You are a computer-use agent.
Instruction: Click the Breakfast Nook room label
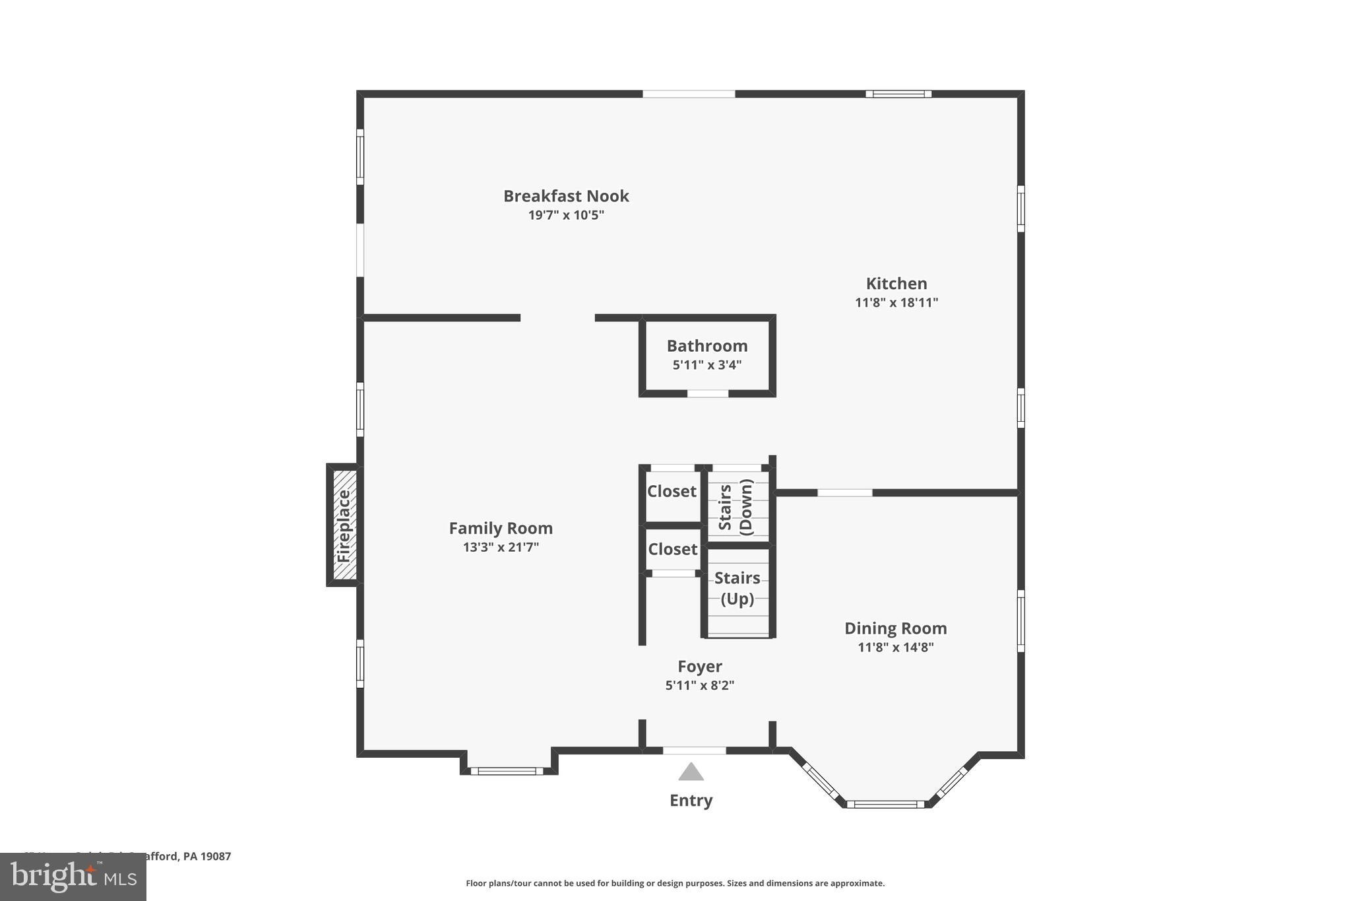tap(566, 196)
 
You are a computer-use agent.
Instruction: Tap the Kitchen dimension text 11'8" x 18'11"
tap(896, 303)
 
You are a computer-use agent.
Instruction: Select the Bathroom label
tap(707, 346)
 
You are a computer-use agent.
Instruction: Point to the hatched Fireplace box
tap(344, 525)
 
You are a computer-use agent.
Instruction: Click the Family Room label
tap(501, 528)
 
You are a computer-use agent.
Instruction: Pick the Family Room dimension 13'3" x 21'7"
tap(501, 547)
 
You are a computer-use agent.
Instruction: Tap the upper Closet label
tap(672, 491)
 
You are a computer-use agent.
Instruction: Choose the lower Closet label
tap(672, 549)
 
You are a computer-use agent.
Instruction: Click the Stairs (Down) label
tap(736, 507)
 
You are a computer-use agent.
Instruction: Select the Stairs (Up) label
tap(738, 588)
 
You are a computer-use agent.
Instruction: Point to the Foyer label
tap(700, 667)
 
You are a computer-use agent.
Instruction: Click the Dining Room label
tap(895, 628)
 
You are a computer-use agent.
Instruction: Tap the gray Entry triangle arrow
tap(691, 772)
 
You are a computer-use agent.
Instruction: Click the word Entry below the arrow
tap(691, 801)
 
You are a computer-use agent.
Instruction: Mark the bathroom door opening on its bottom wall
tap(708, 394)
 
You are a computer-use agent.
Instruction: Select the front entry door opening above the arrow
tap(694, 751)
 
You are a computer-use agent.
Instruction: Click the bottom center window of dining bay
tap(886, 804)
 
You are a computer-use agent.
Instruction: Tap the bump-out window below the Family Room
tap(507, 771)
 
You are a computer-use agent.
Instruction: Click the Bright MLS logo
tap(73, 877)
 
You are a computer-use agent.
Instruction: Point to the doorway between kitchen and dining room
tap(844, 492)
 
